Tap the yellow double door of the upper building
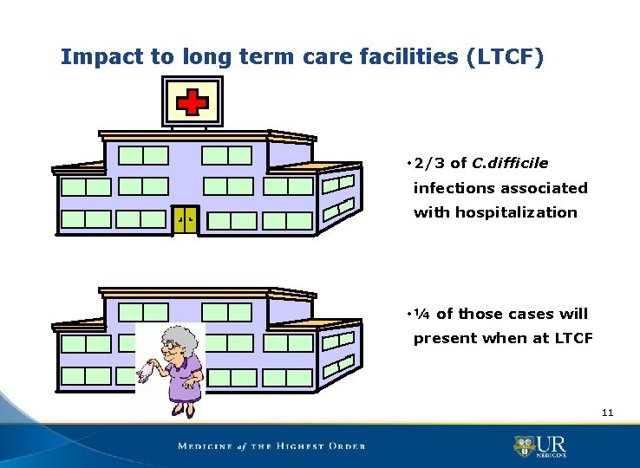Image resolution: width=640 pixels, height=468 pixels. [x=186, y=219]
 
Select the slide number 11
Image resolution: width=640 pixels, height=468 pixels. [x=607, y=413]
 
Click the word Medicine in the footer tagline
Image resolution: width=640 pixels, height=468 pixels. [x=206, y=446]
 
